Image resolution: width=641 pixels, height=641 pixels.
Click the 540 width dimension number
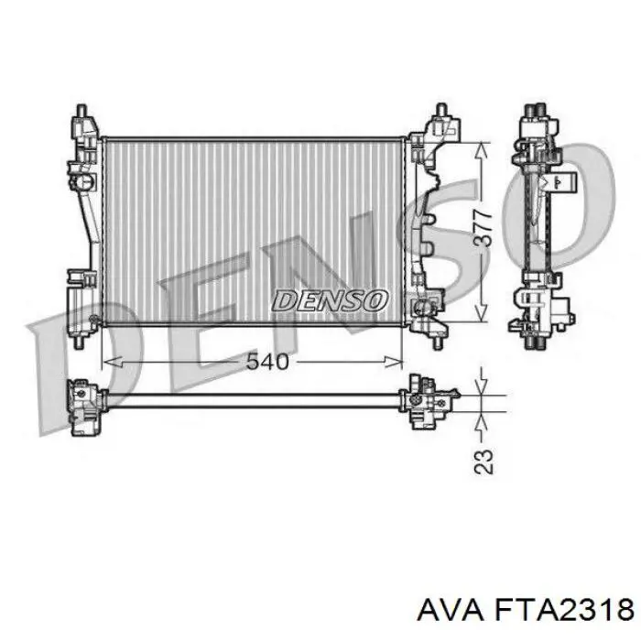tap(267, 362)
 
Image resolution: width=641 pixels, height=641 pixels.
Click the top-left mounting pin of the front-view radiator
tap(81, 113)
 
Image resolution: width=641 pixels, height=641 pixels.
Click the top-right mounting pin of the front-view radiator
tap(440, 113)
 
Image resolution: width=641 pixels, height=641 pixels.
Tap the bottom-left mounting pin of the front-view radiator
tap(81, 340)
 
